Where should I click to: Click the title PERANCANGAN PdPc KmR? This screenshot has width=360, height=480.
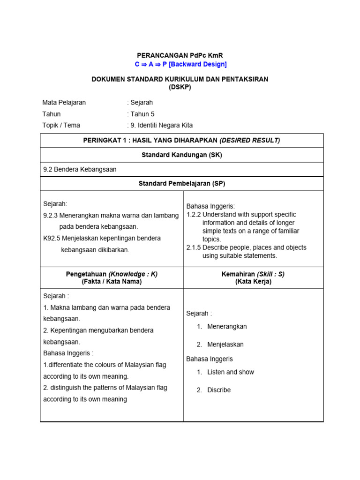[x=180, y=55]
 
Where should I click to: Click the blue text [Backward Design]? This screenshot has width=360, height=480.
[x=197, y=64]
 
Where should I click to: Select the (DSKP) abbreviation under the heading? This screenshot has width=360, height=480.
[x=180, y=87]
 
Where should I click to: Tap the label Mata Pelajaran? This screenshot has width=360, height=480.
[x=64, y=103]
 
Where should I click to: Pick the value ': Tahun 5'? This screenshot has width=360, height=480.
[x=141, y=114]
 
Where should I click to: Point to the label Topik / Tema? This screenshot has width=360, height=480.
[x=61, y=125]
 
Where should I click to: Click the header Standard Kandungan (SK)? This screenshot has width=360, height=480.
[x=181, y=155]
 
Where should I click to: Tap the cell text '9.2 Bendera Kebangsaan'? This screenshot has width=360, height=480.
[x=80, y=169]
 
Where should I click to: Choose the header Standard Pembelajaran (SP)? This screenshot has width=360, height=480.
[x=181, y=183]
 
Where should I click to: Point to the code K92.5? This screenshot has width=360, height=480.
[x=51, y=238]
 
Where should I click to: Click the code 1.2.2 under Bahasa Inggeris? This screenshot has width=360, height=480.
[x=194, y=214]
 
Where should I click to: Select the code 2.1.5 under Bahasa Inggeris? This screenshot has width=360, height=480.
[x=194, y=247]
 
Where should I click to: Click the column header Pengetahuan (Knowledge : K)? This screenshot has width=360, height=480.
[x=112, y=274]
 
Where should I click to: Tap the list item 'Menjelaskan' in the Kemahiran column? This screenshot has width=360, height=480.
[x=225, y=344]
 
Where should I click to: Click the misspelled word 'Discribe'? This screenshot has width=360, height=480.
[x=219, y=390]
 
